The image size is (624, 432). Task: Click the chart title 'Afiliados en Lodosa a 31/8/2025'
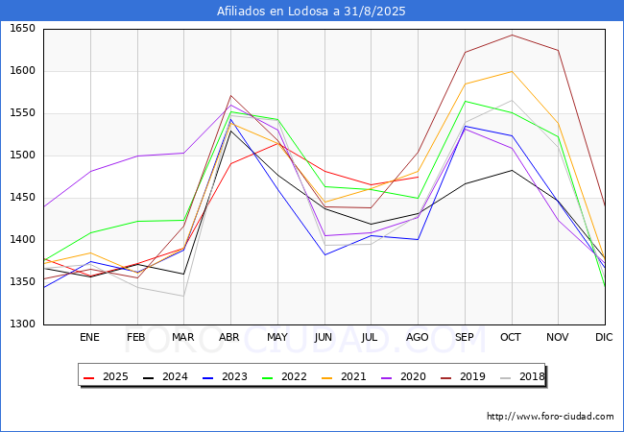click(312, 12)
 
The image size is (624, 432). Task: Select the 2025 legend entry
click(107, 377)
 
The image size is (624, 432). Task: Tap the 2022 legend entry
click(282, 377)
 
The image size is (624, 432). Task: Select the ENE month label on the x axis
click(89, 338)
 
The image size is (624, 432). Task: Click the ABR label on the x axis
click(229, 338)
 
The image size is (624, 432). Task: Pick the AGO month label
click(418, 338)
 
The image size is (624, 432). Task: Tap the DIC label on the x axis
click(604, 338)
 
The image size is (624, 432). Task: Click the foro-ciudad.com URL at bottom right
click(550, 417)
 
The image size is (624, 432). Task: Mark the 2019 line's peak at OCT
click(511, 36)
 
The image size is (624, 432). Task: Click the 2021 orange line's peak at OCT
click(511, 71)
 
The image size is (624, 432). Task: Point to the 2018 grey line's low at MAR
click(183, 296)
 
